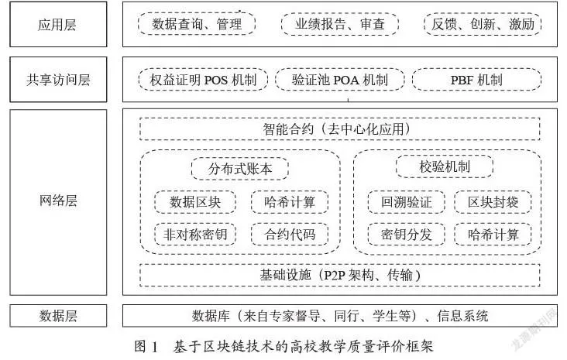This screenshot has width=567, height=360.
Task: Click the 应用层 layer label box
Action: pos(58,24)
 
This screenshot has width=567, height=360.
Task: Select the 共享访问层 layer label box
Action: pos(58,80)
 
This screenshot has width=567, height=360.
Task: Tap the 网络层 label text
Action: pos(58,201)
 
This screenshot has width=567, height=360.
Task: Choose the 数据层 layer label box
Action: pos(58,316)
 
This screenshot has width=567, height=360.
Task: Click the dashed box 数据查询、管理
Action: pos(197,24)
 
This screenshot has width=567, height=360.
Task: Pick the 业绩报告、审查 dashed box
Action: pos(340,24)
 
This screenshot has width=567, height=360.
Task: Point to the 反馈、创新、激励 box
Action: pos(483,24)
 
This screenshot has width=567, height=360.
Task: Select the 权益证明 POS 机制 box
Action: pos(203,80)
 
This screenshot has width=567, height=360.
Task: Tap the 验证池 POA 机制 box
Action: pos(340,80)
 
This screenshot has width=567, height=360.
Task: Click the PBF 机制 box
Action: pos(476,80)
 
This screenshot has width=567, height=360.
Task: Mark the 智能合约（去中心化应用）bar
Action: pos(340,129)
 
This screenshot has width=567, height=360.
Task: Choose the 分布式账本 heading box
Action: pos(240,169)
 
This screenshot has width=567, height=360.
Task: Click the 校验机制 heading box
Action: pos(445,166)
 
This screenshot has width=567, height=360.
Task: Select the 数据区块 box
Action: pos(195,202)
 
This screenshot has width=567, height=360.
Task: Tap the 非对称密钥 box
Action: pos(195,235)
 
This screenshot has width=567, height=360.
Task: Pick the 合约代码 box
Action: pos(290,235)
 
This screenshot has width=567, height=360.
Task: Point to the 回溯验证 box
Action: pos(407,202)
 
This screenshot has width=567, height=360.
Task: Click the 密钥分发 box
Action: pos(407,235)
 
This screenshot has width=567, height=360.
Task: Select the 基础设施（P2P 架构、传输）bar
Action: pos(340,276)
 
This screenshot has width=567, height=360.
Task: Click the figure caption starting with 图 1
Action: pos(283,346)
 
